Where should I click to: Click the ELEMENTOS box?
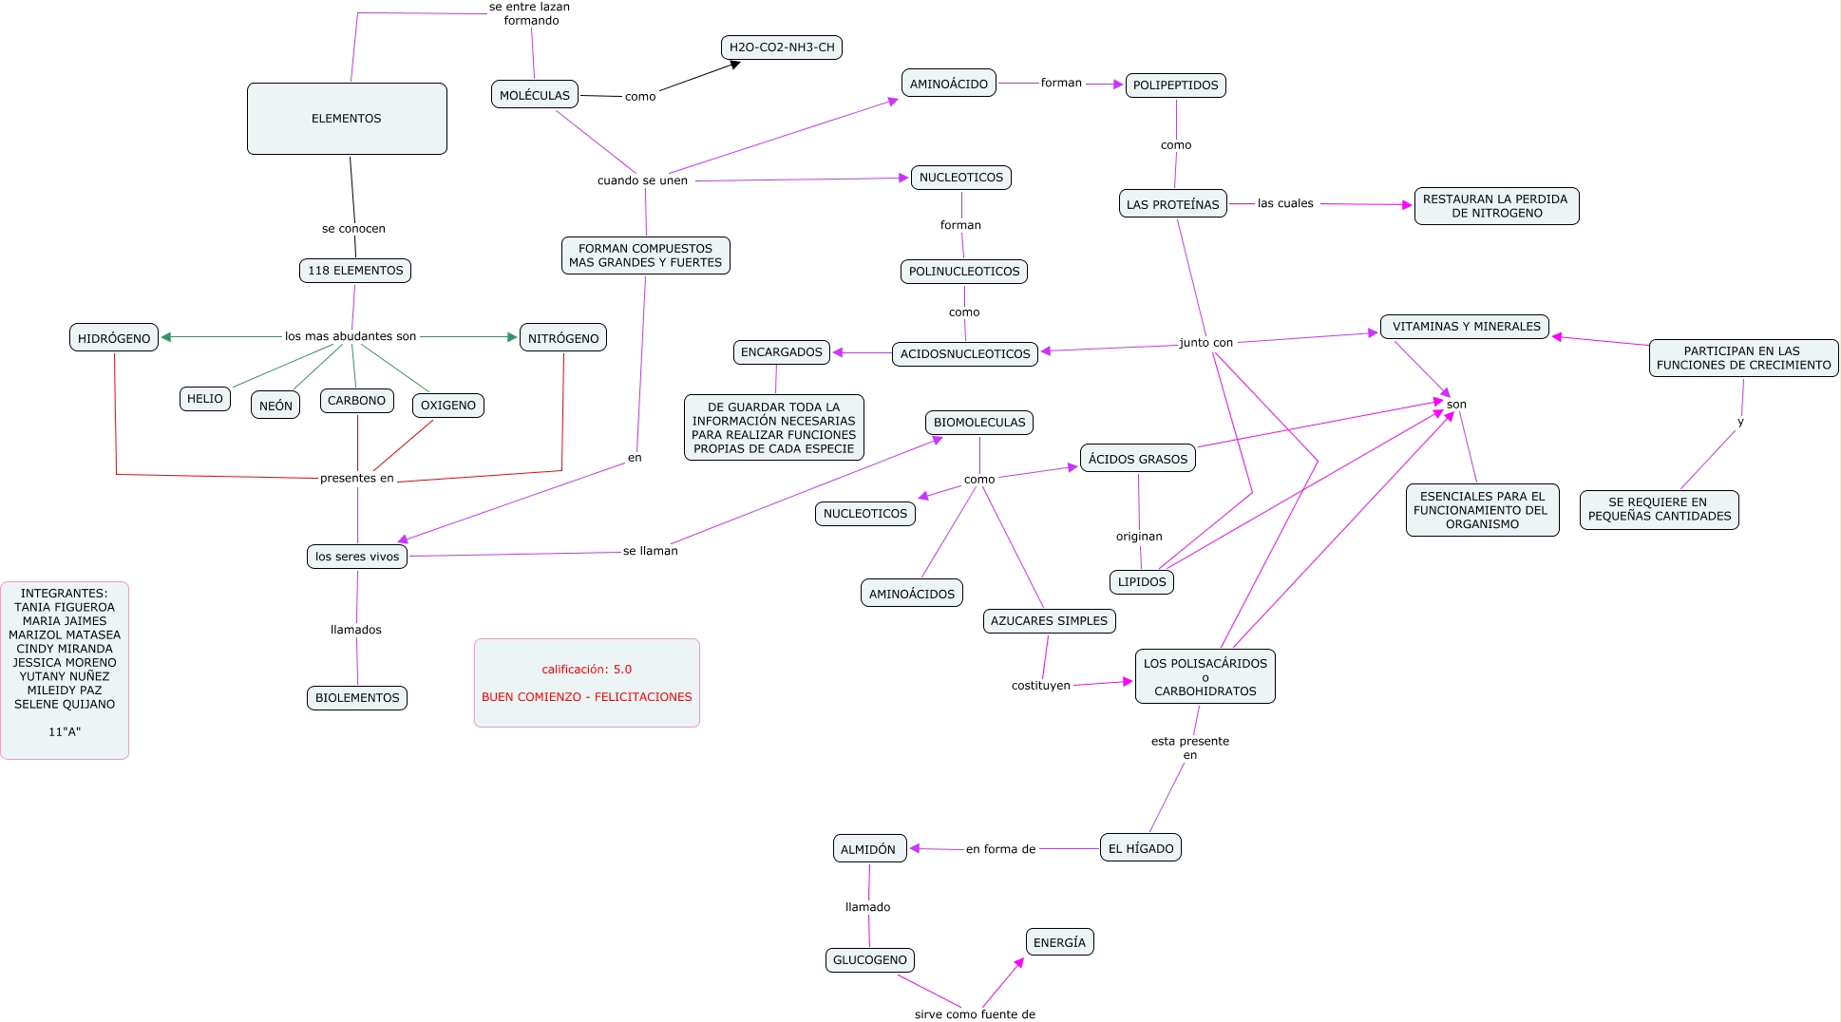[x=347, y=119]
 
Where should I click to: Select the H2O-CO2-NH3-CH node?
[x=782, y=47]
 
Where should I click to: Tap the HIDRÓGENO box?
[x=114, y=338]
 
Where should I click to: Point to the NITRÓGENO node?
[x=563, y=338]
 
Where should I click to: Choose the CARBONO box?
[x=356, y=401]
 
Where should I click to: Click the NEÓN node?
[x=275, y=406]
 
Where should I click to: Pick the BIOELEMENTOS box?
[x=357, y=698]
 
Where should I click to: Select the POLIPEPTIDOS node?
[x=1175, y=85]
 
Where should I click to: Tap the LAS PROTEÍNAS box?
[x=1172, y=204]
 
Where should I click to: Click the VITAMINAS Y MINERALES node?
[x=1466, y=327]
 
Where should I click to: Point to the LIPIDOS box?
[x=1141, y=582]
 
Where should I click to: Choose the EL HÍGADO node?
[x=1141, y=848]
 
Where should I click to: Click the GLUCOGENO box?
[x=869, y=960]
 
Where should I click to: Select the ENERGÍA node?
[x=1059, y=942]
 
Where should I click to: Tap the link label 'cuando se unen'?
[x=642, y=180]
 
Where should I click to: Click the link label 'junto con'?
[x=1205, y=343]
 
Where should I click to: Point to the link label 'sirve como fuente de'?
[x=975, y=1014]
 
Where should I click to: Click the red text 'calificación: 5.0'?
[x=586, y=670]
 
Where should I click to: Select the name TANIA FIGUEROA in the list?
[x=65, y=607]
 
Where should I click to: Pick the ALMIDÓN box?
[x=868, y=849]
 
